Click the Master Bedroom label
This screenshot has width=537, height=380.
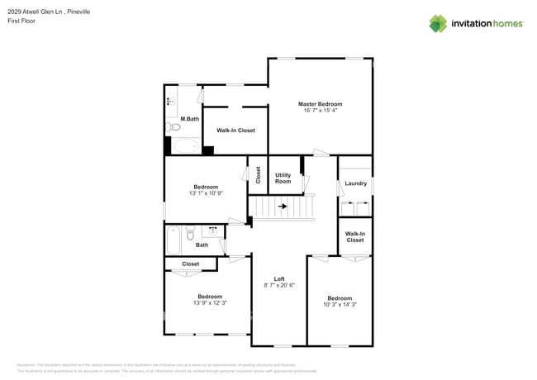(320, 104)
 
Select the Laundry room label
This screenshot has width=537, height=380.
(355, 183)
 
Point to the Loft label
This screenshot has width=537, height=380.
(279, 279)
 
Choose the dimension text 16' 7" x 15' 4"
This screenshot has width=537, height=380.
(320, 111)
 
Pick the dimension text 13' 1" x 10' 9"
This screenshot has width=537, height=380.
(206, 193)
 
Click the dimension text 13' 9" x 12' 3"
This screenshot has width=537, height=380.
(210, 302)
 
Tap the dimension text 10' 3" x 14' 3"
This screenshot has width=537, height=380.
(339, 304)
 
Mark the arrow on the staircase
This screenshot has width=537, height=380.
(283, 207)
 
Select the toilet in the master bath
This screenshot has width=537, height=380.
(173, 127)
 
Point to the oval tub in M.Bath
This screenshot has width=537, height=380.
(185, 147)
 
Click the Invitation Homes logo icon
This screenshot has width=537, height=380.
(438, 23)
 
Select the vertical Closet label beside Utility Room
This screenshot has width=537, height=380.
(258, 175)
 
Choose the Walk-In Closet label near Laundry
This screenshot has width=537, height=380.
(354, 237)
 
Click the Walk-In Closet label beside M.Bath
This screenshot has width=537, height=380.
(235, 131)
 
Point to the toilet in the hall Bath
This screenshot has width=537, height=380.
(190, 230)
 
